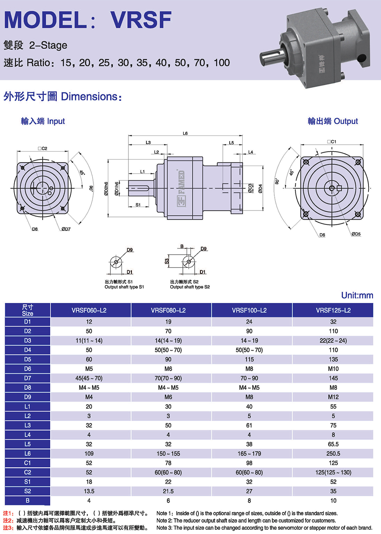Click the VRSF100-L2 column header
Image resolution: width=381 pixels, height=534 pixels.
point(249,310)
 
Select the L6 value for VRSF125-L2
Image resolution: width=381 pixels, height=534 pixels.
point(333,454)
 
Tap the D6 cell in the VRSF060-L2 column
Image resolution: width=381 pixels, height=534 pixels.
point(89,369)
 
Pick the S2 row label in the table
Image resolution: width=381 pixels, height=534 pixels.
point(27,491)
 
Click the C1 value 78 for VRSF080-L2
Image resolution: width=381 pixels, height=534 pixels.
point(168,463)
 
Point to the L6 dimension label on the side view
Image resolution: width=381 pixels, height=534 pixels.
point(185,134)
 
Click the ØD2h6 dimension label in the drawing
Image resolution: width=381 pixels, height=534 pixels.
point(106,188)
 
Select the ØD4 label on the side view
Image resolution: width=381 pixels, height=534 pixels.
point(261,188)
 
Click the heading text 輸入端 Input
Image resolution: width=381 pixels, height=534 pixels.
point(43,121)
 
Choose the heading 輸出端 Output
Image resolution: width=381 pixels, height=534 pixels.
point(333,121)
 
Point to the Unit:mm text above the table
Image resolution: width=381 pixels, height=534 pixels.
point(357,295)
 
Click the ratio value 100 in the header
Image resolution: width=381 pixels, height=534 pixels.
point(221,63)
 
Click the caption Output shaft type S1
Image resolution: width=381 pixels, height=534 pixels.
point(124,287)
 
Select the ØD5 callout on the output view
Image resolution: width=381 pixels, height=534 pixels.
point(356,234)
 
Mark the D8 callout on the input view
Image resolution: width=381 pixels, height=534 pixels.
point(35,229)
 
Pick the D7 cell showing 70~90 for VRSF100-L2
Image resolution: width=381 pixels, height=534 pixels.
point(249,378)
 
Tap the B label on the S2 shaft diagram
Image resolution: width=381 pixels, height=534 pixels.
point(182,247)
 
